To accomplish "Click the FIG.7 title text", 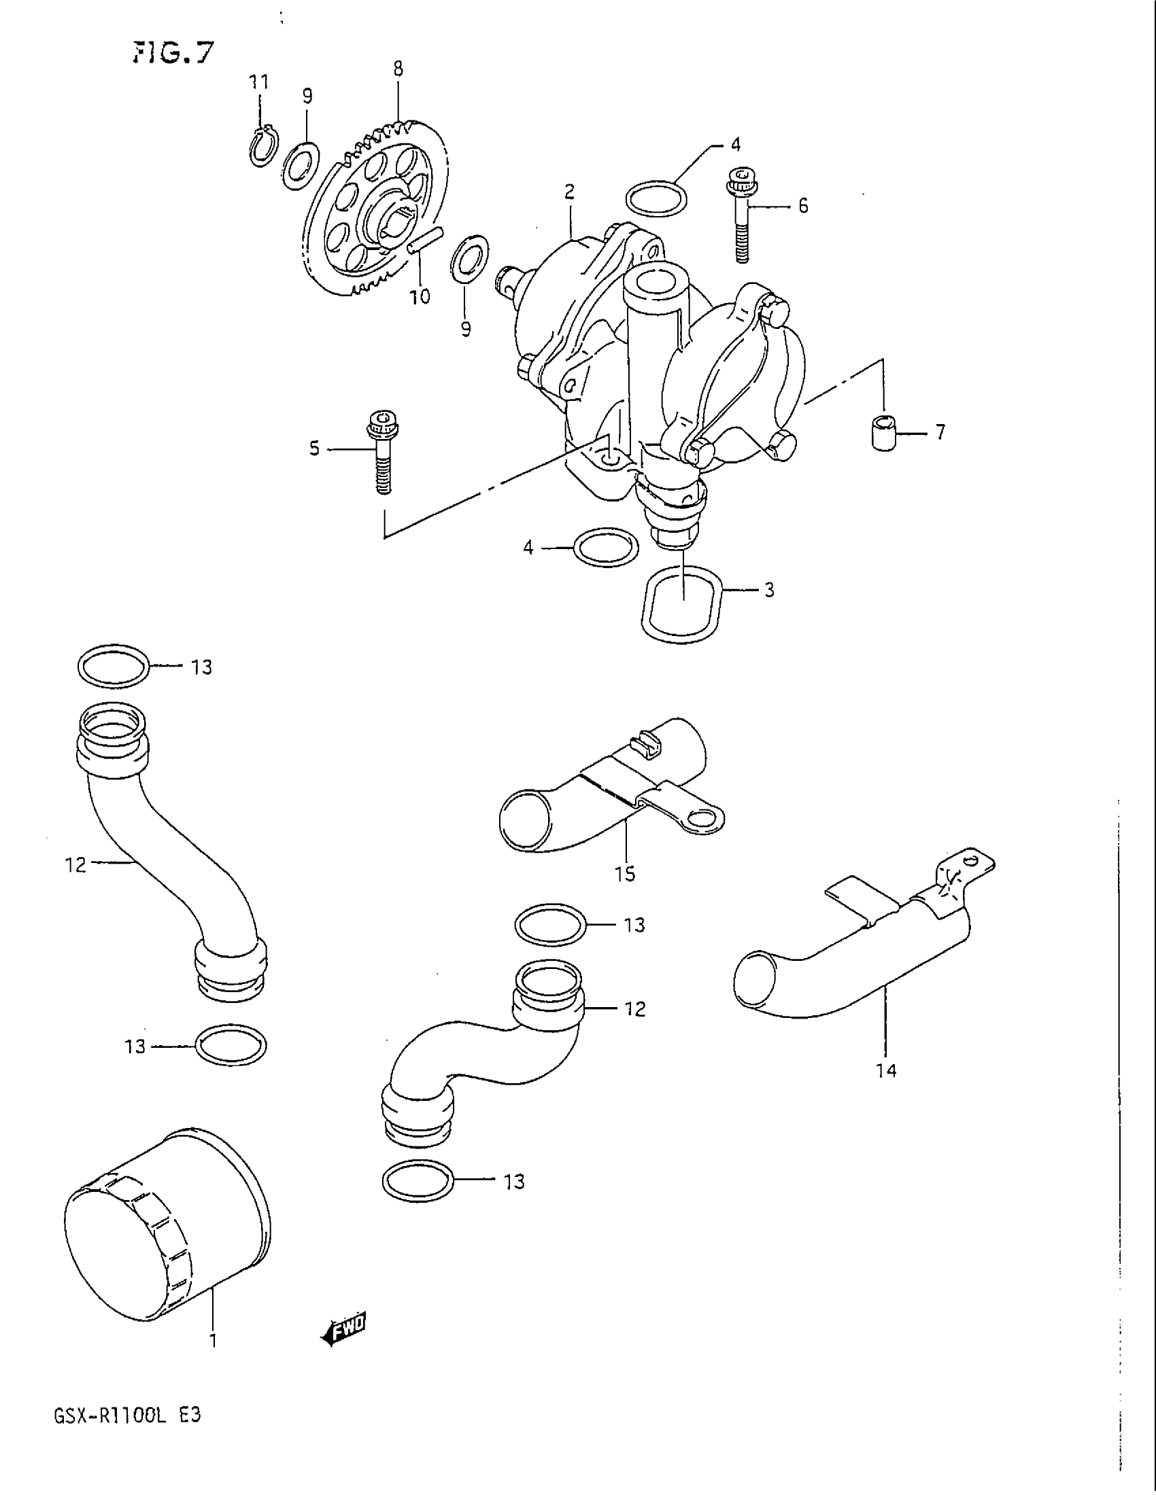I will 173,52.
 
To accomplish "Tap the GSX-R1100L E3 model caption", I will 127,1415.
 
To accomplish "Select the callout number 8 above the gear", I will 398,69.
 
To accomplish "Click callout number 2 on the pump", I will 570,192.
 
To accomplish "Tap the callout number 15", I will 625,873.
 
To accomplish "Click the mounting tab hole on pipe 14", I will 970,859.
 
